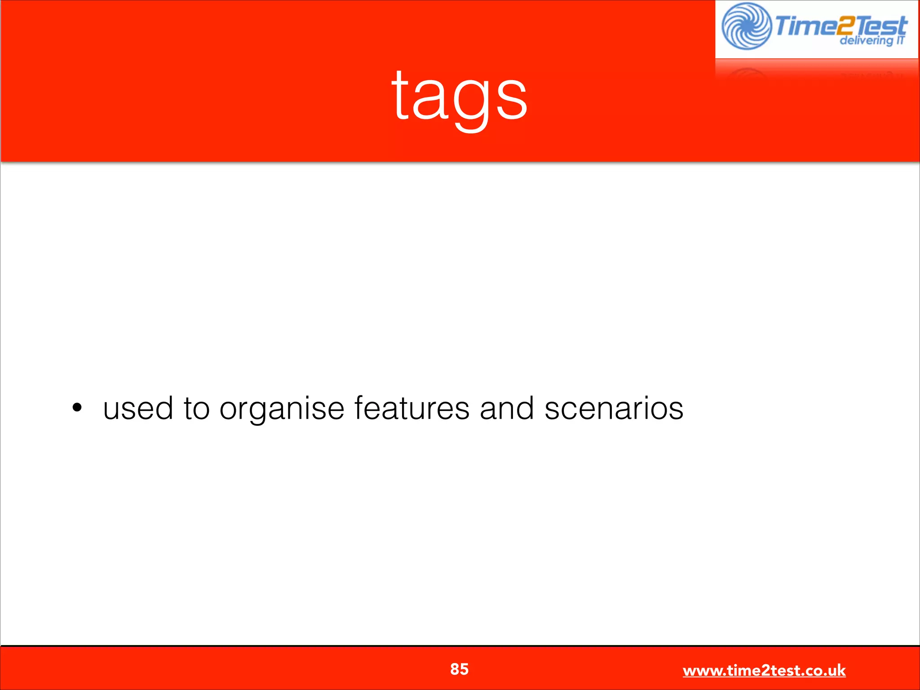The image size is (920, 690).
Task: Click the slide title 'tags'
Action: pos(459,97)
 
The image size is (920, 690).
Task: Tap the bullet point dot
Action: pos(77,408)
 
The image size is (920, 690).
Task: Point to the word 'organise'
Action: pos(282,410)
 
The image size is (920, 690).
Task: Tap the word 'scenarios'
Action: pos(614,409)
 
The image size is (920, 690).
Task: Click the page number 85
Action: pos(459,669)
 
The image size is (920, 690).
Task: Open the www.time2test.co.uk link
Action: pos(764,671)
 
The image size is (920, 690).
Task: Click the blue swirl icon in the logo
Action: pos(746,26)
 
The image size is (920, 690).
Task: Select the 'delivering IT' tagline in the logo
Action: pos(871,41)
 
